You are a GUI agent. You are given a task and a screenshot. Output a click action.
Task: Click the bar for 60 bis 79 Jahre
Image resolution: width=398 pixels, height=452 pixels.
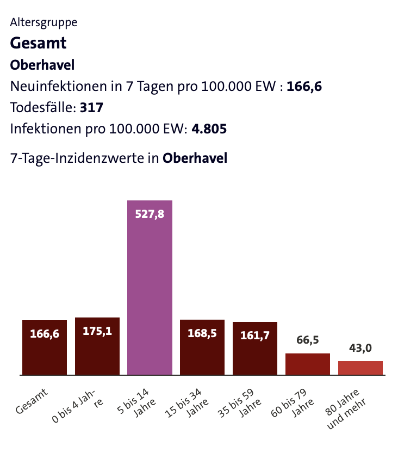(308, 364)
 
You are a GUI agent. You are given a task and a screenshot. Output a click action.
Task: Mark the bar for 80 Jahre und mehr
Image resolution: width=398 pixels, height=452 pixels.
(360, 368)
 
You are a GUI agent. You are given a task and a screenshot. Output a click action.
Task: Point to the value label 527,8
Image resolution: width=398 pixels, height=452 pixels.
(150, 214)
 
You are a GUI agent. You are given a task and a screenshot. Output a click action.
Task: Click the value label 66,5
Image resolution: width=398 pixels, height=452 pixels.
(308, 340)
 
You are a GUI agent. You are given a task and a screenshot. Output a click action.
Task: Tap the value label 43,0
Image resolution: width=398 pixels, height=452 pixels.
(360, 348)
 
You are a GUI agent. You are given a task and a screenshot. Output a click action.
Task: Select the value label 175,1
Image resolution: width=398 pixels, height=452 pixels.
(97, 331)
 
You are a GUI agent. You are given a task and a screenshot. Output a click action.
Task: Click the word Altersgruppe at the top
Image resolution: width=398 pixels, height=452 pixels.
(43, 22)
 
